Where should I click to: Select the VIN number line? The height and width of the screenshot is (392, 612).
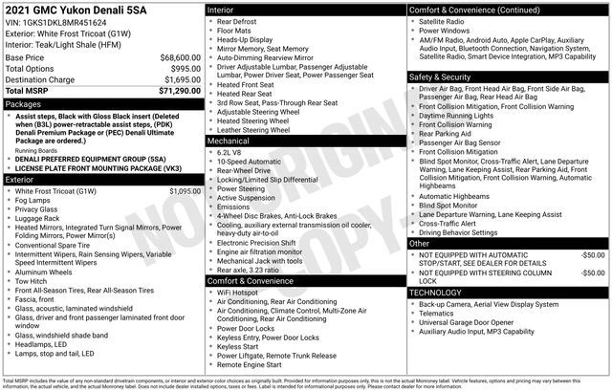point(57,23)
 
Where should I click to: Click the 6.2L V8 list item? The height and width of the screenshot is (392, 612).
point(231,152)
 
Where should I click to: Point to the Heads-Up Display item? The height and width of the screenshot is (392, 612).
point(245,41)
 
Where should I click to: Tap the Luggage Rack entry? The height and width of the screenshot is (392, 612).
point(38,219)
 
